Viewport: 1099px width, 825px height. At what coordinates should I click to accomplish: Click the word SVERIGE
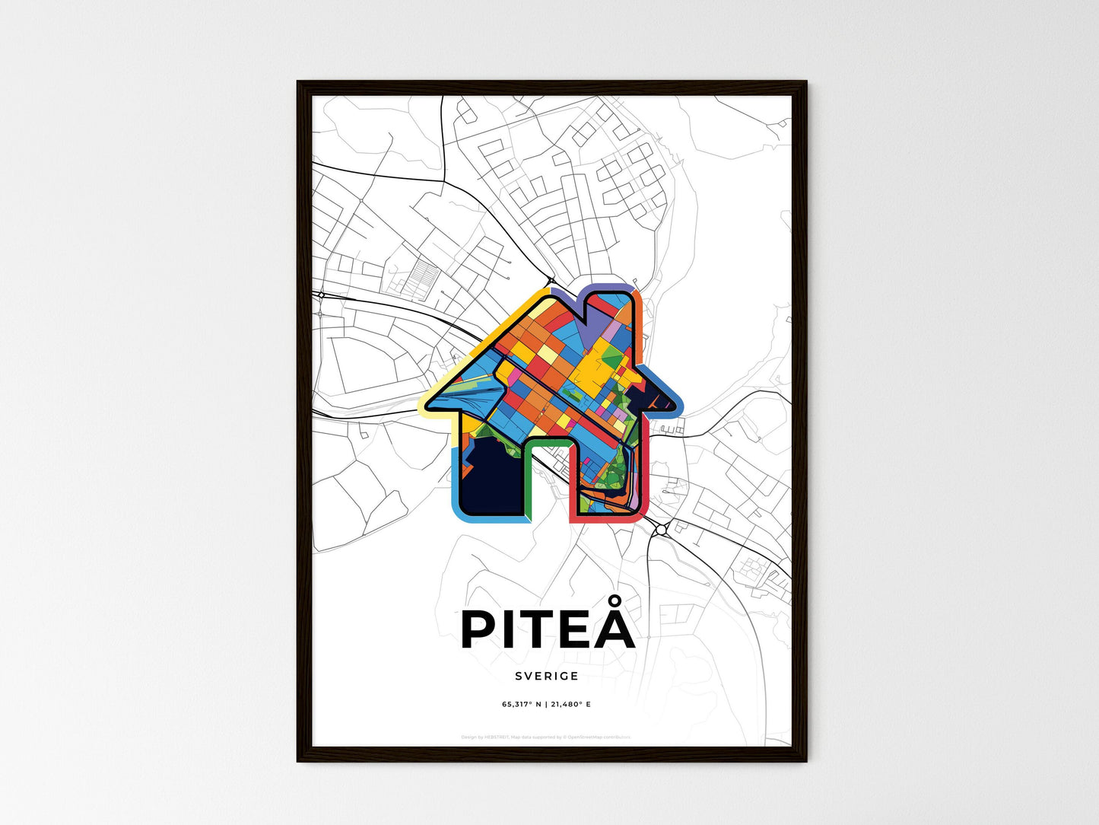click(546, 676)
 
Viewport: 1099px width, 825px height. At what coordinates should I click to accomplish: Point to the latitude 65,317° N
click(522, 704)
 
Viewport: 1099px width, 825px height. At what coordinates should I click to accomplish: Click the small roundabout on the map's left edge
click(321, 295)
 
